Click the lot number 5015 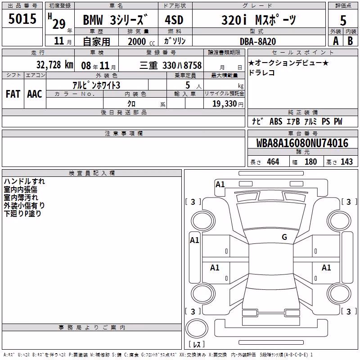(x=22, y=19)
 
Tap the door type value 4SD (x=174, y=20)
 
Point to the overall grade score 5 (x=343, y=20)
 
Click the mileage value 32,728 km (x=55, y=65)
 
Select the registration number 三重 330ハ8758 (x=171, y=65)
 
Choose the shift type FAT (x=13, y=94)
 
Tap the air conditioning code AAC (x=35, y=94)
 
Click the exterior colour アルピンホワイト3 (x=96, y=85)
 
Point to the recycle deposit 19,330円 (x=228, y=104)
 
